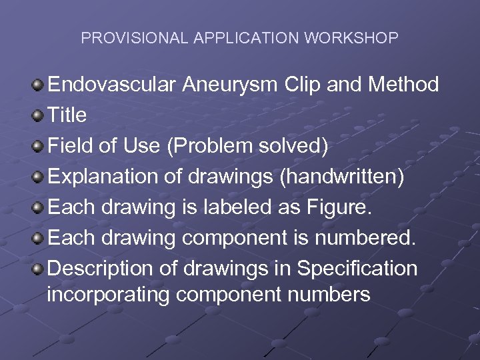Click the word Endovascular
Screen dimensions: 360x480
[111, 85]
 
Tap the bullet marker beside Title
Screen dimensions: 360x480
[39, 115]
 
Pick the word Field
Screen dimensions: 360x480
[70, 146]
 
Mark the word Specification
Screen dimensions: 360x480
[357, 269]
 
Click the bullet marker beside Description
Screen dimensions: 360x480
[39, 269]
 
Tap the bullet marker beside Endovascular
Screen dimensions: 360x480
[39, 85]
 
